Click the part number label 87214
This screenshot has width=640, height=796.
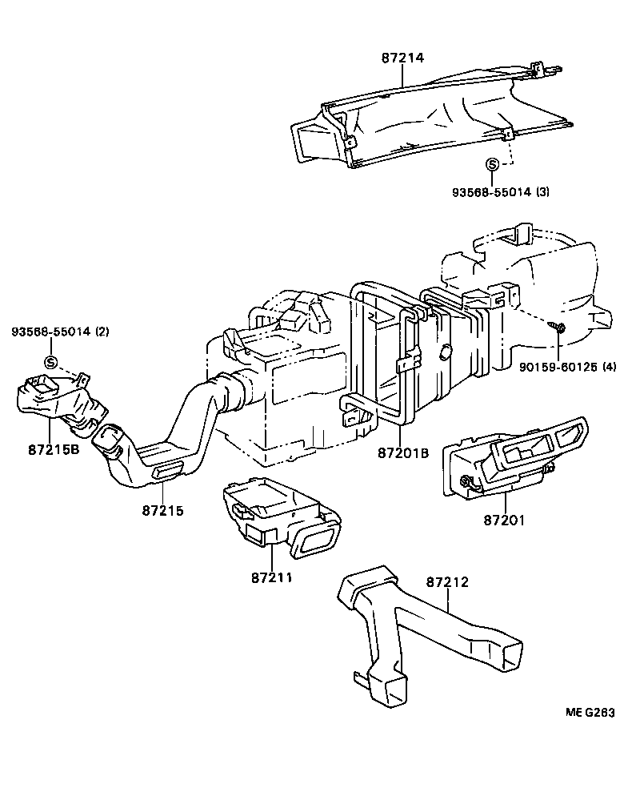point(402,58)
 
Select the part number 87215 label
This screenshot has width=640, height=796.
point(163,510)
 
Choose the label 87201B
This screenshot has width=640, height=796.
point(404,452)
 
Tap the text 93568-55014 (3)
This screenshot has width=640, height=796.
point(501,192)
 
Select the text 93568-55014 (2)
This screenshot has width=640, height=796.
point(60,332)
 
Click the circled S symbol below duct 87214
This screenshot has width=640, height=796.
point(493,165)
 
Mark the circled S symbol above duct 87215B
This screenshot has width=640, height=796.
point(51,363)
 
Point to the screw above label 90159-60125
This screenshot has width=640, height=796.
point(557,327)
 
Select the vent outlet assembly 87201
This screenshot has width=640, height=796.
point(512,456)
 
